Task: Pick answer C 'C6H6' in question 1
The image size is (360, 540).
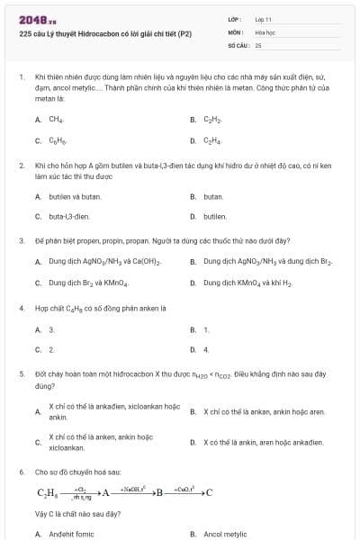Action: click(57, 140)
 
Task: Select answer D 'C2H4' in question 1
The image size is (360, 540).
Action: click(212, 140)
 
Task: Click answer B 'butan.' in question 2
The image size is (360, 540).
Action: click(213, 195)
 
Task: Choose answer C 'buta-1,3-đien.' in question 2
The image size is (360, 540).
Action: click(69, 217)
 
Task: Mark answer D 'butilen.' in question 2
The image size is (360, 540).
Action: click(215, 217)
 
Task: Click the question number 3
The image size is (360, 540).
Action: click(21, 240)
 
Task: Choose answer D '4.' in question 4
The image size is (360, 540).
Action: click(206, 349)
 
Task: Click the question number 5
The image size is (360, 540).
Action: click(21, 372)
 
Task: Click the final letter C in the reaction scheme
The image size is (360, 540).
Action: click(209, 492)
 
